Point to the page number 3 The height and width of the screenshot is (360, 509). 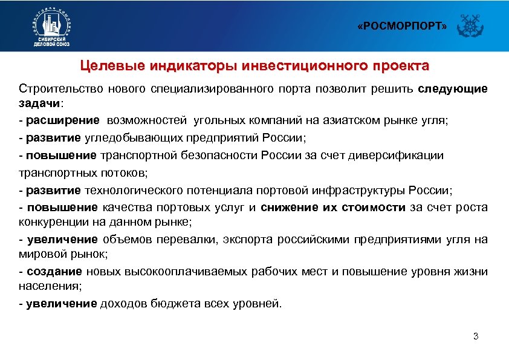pos(476,336)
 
